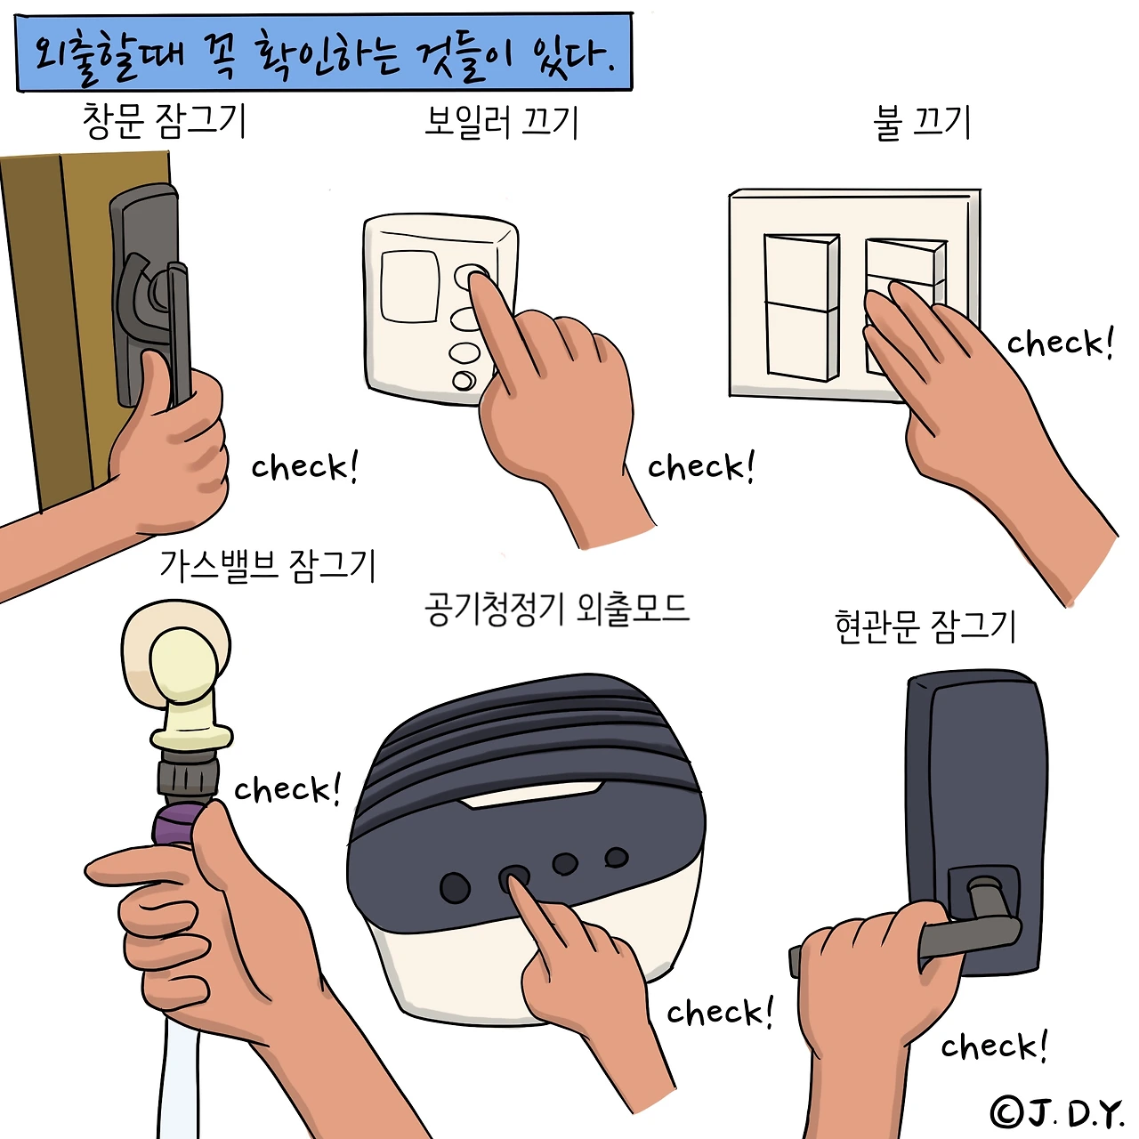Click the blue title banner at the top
324,52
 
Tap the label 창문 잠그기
164,121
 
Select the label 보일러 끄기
501,122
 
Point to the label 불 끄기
921,123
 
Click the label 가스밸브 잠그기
268,566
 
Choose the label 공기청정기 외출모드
557,610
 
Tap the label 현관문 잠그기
925,626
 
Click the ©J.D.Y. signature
1057,1113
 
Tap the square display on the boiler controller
409,286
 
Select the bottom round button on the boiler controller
464,380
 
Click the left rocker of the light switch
801,306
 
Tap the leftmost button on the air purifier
455,887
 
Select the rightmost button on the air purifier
616,857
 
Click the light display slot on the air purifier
532,793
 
